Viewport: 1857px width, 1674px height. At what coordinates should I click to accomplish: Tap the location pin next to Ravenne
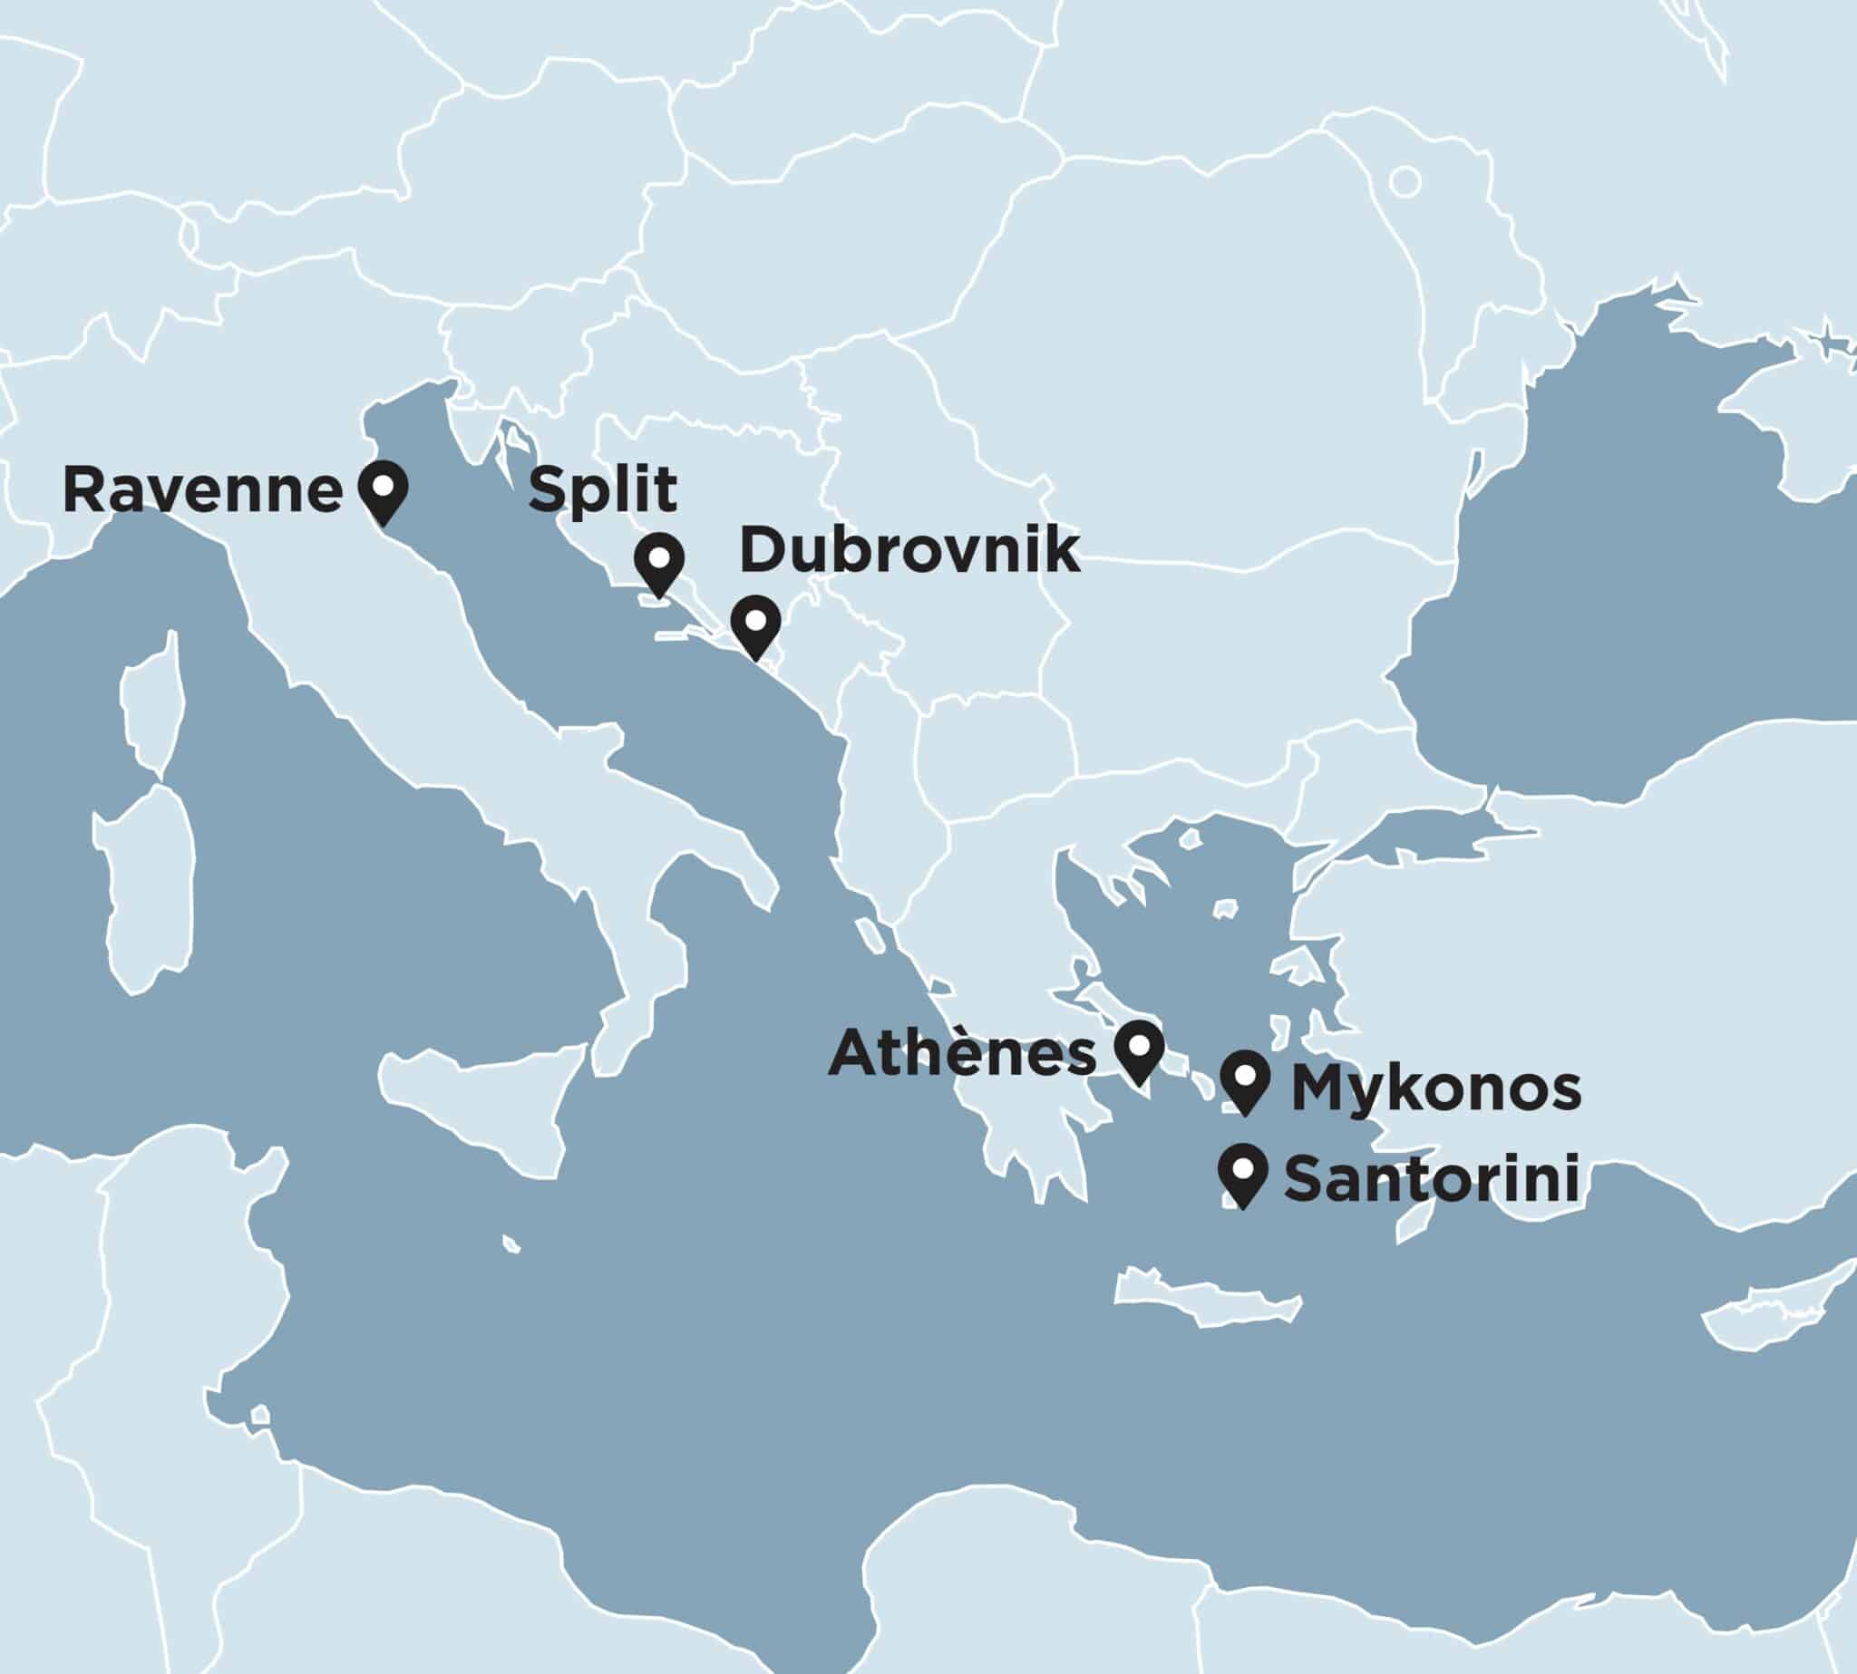coord(382,488)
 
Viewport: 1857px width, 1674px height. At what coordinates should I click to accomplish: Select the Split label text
coord(604,490)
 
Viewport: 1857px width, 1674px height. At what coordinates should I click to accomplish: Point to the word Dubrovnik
coord(909,551)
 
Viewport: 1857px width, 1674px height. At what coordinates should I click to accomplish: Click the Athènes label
coord(963,1052)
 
